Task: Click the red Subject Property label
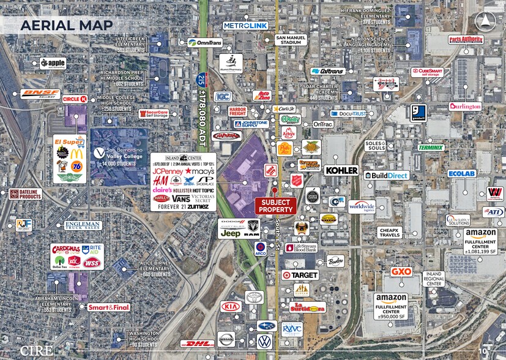pos(275,206)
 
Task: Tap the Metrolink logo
pos(245,26)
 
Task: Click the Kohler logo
pos(341,170)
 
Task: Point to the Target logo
pos(300,276)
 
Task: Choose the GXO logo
pos(401,271)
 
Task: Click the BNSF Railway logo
pos(40,94)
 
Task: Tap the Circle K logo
pos(78,99)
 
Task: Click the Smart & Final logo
pos(108,307)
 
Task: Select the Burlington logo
pos(465,106)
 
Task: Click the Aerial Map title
pos(66,25)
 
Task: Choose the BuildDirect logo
pos(386,175)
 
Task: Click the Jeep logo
pos(231,233)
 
